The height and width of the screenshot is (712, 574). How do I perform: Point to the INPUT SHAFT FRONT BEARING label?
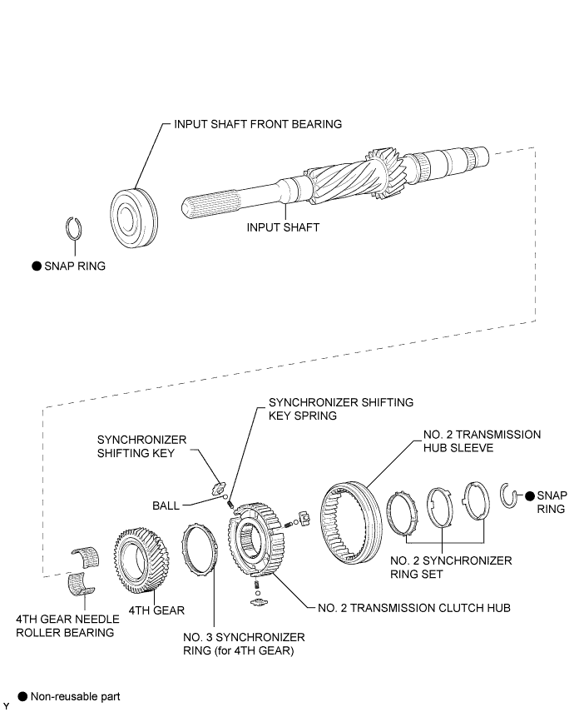coord(258,123)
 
